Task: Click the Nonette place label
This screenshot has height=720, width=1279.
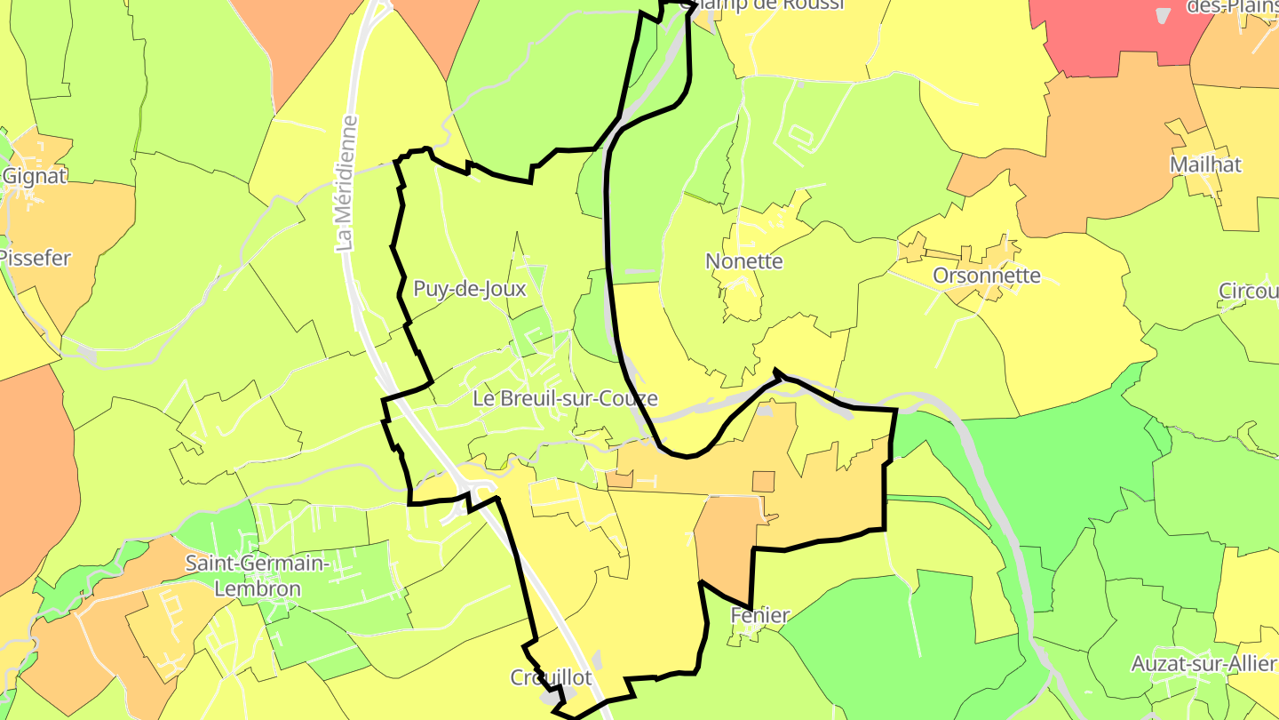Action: click(743, 261)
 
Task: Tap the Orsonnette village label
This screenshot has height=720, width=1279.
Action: click(986, 276)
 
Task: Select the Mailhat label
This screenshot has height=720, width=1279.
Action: click(1205, 164)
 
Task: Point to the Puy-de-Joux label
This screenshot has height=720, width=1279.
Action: click(469, 289)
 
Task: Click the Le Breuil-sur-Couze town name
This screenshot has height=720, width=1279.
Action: click(565, 398)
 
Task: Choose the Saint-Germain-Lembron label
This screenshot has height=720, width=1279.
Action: click(257, 576)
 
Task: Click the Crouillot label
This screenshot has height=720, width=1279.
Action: click(551, 677)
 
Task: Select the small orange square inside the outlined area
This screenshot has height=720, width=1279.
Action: click(763, 481)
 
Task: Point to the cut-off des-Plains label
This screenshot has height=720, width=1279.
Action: click(1235, 7)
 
